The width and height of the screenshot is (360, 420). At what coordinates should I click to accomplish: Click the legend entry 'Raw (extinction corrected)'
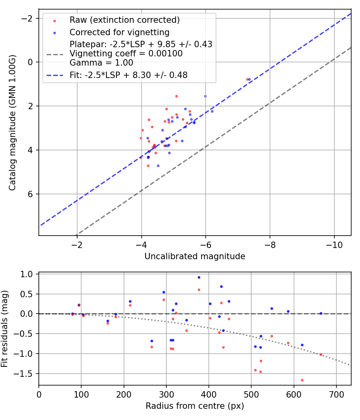point(124,20)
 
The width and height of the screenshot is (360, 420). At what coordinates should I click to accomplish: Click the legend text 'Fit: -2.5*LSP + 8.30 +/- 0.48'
point(128,75)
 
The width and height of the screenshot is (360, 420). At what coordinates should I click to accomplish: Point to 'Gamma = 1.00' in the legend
point(101,62)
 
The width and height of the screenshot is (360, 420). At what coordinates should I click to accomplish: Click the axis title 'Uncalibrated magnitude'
point(195,256)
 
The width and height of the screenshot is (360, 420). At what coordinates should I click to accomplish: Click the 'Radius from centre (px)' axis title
point(195,406)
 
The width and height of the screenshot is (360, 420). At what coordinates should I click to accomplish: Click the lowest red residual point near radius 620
point(302,380)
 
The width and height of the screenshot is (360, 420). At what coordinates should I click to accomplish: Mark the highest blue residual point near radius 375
point(199,277)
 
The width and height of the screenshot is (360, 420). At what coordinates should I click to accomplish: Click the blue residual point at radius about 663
point(321,313)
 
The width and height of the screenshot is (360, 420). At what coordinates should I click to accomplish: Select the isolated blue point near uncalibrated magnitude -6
point(205,96)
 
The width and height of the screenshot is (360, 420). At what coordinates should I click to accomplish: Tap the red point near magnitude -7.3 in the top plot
point(247,79)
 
